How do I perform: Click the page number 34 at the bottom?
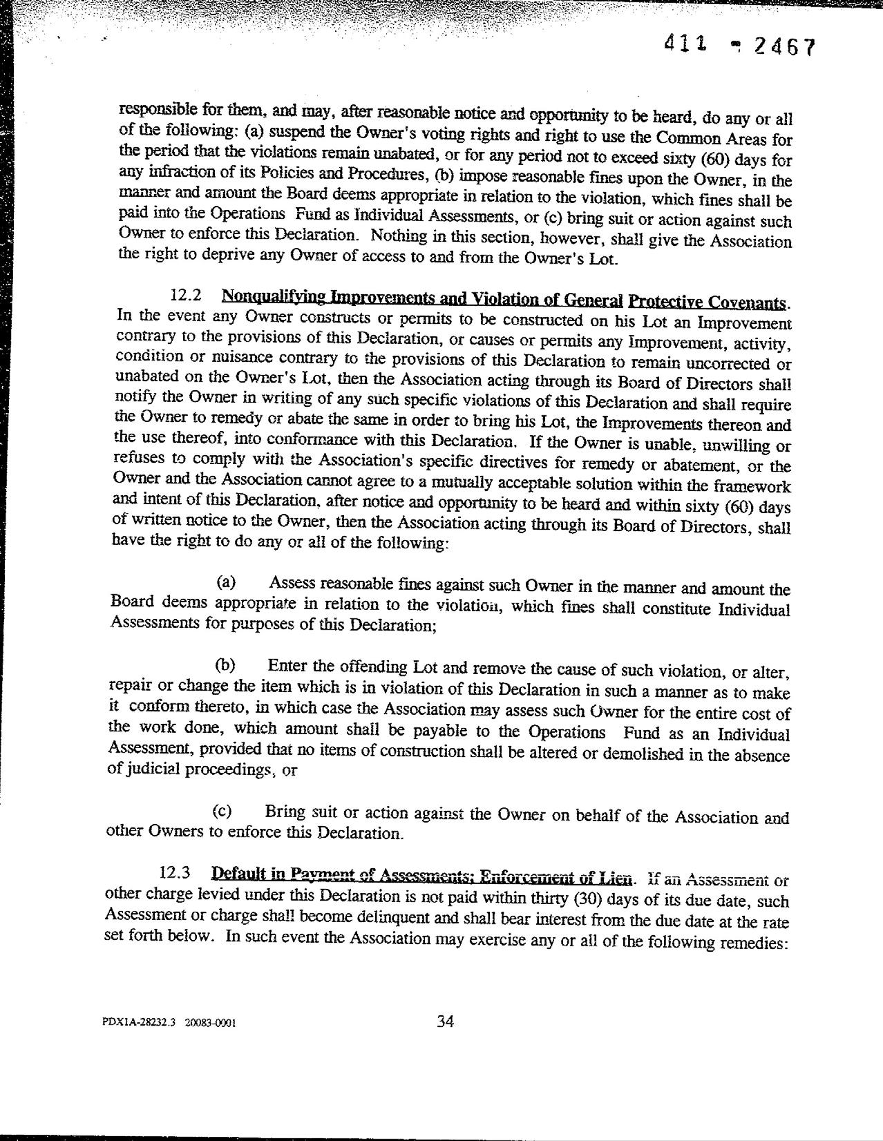coord(445,1022)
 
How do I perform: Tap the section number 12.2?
coord(186,296)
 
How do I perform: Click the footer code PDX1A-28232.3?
coord(138,1025)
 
